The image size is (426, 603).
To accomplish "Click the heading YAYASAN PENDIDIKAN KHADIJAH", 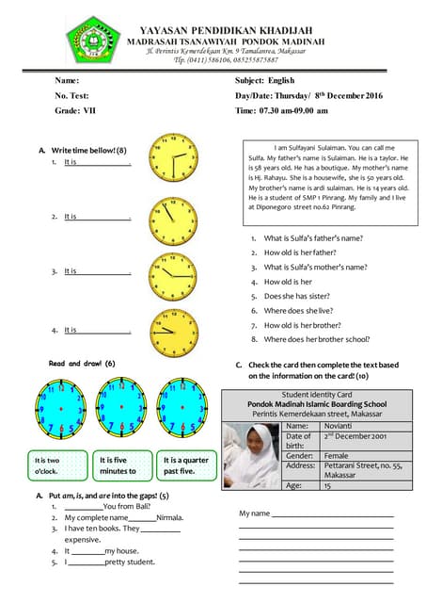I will pyautogui.click(x=233, y=31).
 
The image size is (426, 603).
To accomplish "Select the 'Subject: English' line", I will pyautogui.click(x=264, y=81).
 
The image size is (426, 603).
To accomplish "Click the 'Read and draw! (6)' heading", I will pyautogui.click(x=82, y=363).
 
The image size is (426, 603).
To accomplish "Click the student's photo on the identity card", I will pyautogui.click(x=251, y=454).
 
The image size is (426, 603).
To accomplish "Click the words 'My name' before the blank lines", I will pyautogui.click(x=254, y=513).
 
